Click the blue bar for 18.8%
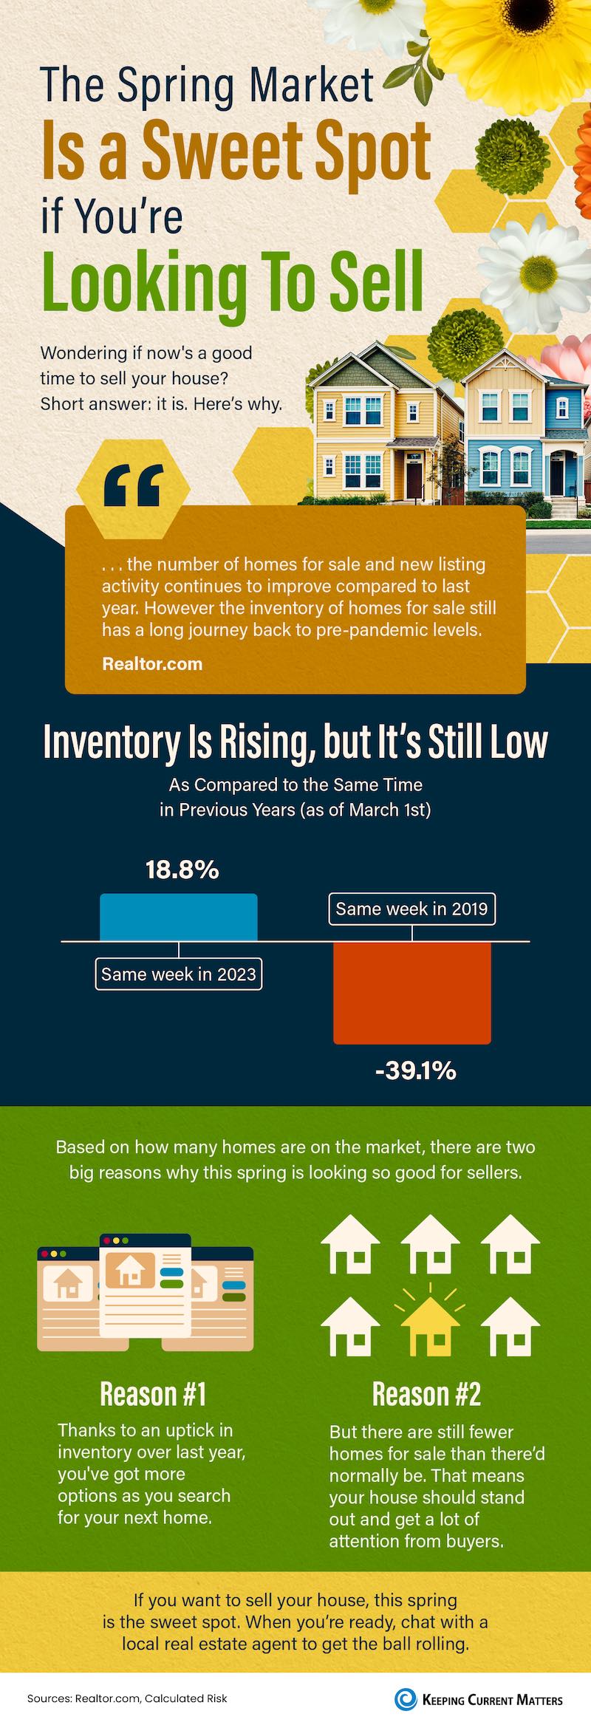click(x=179, y=917)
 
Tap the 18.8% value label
click(x=182, y=870)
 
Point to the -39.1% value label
click(x=415, y=1070)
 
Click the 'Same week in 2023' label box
click(x=179, y=974)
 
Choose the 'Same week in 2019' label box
click(x=411, y=909)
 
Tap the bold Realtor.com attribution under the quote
click(x=152, y=663)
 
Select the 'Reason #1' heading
click(x=153, y=1394)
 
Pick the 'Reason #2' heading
click(x=426, y=1394)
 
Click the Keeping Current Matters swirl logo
click(x=405, y=1698)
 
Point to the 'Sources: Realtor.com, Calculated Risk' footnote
click(x=127, y=1698)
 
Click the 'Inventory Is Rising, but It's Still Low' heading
click(x=295, y=742)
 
